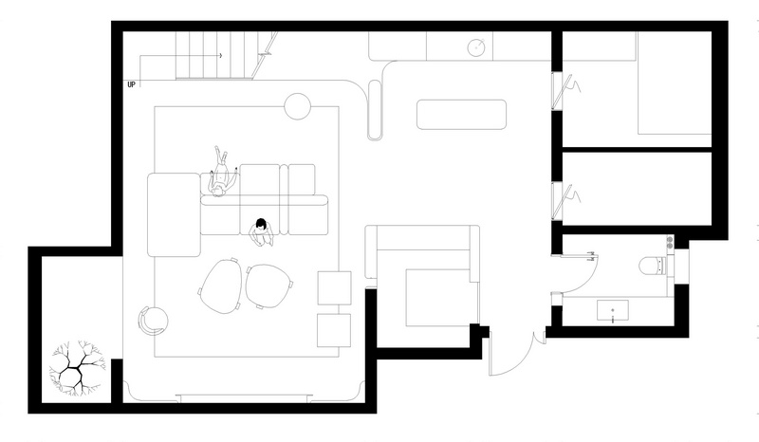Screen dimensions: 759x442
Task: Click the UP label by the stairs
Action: pos(131,84)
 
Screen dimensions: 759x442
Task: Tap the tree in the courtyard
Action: pos(77,367)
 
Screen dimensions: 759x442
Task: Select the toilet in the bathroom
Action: pos(653,266)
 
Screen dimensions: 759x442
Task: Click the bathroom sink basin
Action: pos(613,310)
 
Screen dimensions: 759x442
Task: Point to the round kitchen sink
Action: pos(477,47)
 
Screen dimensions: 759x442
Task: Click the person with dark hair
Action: pos(262,232)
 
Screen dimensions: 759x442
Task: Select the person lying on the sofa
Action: pos(221,172)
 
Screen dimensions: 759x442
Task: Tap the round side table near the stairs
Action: pos(297,106)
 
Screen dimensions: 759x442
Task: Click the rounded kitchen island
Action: pos(461,115)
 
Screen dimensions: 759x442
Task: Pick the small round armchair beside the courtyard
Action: pos(154,321)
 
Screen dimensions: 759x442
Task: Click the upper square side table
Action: pos(334,288)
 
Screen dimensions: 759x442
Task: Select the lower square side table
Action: pos(334,330)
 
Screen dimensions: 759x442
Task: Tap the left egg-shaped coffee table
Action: pos(221,286)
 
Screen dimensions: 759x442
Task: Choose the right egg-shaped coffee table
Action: pos(269,286)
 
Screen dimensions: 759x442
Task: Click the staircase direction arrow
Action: pos(180,56)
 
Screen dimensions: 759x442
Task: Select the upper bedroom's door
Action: pos(565,91)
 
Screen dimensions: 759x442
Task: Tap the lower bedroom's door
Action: pos(565,201)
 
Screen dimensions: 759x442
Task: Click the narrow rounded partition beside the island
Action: pos(375,110)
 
